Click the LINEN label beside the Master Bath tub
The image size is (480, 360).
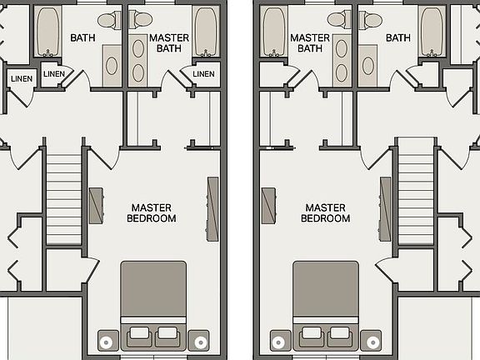[203, 74]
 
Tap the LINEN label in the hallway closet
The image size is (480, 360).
[22, 78]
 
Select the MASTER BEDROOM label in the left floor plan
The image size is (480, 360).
[152, 213]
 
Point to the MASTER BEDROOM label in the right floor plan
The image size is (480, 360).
[325, 213]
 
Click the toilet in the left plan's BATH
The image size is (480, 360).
[110, 20]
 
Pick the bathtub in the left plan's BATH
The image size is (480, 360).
[47, 32]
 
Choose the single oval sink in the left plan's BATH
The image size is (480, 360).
[112, 66]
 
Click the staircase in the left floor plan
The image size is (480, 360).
[63, 199]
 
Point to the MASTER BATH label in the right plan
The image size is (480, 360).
[310, 43]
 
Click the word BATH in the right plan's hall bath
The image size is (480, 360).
[398, 38]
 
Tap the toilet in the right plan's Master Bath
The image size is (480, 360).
[339, 20]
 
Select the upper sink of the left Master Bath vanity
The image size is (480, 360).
[138, 48]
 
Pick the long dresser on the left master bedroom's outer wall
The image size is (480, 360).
[212, 209]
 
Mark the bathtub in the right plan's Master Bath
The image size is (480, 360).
[274, 32]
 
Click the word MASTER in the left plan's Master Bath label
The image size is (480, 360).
[169, 38]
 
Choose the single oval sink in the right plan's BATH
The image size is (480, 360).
[368, 66]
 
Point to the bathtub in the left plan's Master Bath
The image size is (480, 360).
[206, 32]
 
